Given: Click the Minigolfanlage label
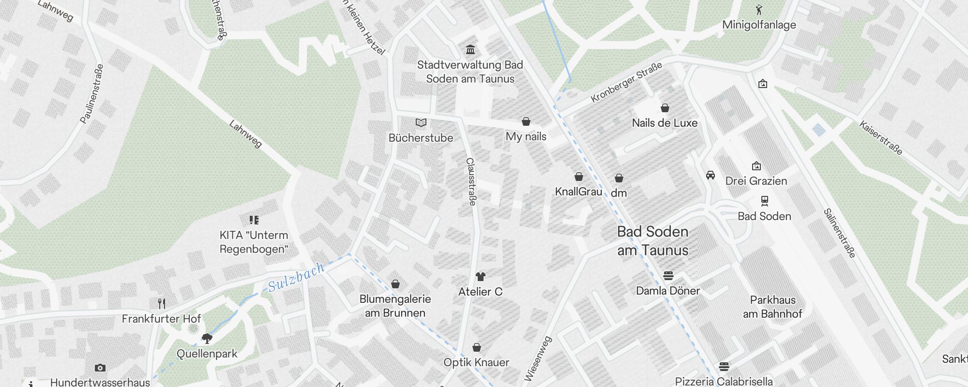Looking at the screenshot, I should point(759,25).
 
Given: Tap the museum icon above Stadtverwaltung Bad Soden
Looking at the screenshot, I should point(470,49).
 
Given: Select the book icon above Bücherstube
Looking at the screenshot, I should point(421,123).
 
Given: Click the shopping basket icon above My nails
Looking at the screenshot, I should point(526,121).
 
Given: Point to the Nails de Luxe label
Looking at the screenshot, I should point(665,123).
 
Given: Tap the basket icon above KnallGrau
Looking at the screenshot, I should point(579,177).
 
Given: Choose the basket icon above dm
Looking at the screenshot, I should point(619,179).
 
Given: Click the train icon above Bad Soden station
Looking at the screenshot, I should point(765,201).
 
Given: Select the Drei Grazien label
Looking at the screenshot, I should point(756,181).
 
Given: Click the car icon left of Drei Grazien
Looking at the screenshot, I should point(711,175).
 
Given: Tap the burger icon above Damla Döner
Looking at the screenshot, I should point(668,276).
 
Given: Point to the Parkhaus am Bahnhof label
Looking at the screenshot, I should point(772,307).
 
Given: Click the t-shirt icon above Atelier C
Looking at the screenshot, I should point(480,277).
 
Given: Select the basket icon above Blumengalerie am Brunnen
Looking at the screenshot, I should point(395,284).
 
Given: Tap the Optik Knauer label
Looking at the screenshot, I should point(476,362).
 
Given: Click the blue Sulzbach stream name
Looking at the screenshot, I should point(296,277).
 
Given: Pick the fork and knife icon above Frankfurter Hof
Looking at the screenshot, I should point(162,304).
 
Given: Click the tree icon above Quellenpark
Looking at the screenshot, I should point(207,338).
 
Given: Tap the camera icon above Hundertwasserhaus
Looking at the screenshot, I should point(100,368).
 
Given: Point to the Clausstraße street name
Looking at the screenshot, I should point(470,181).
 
